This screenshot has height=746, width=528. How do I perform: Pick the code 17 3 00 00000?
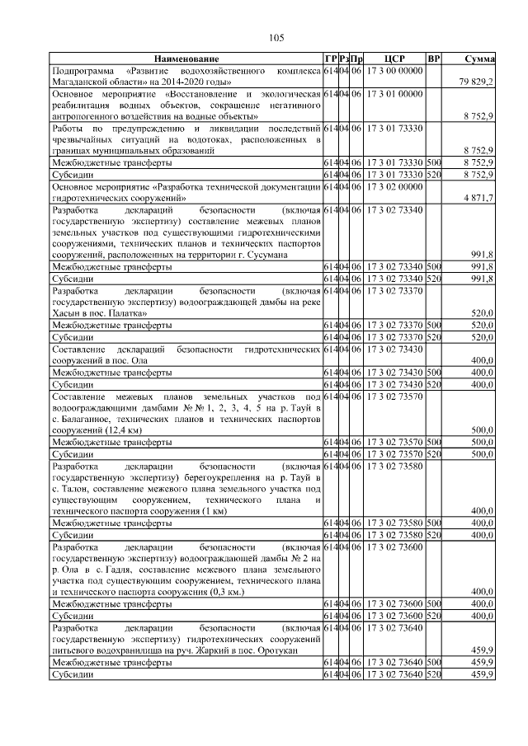tap(394, 71)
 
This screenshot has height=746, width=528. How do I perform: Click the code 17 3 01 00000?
tap(394, 95)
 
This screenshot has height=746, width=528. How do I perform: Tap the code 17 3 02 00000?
tap(394, 187)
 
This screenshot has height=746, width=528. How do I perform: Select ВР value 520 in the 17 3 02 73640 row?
tap(434, 673)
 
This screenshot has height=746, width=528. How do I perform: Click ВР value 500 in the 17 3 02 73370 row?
tap(434, 326)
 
